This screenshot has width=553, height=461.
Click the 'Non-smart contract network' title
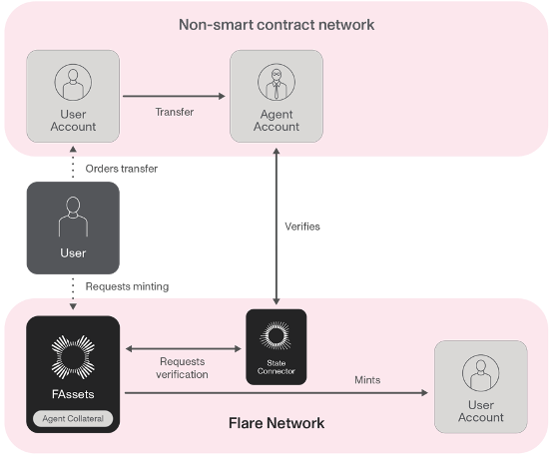[276, 23]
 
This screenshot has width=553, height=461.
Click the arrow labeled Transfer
[174, 97]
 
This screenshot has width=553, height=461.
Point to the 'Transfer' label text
[174, 112]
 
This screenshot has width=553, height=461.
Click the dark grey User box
[73, 227]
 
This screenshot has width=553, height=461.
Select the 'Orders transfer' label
[122, 169]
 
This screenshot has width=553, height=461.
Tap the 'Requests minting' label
[127, 286]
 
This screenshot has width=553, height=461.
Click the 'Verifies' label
[302, 227]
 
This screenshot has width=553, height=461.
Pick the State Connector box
[276, 348]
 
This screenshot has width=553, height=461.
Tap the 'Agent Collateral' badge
[73, 418]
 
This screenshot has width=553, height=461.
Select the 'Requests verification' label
[183, 368]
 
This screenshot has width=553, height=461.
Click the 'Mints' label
[367, 380]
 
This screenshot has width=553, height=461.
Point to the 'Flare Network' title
[276, 423]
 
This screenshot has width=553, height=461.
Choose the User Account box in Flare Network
[480, 386]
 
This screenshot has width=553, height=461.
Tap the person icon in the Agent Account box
[276, 81]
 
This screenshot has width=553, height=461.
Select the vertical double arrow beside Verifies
[276, 227]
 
